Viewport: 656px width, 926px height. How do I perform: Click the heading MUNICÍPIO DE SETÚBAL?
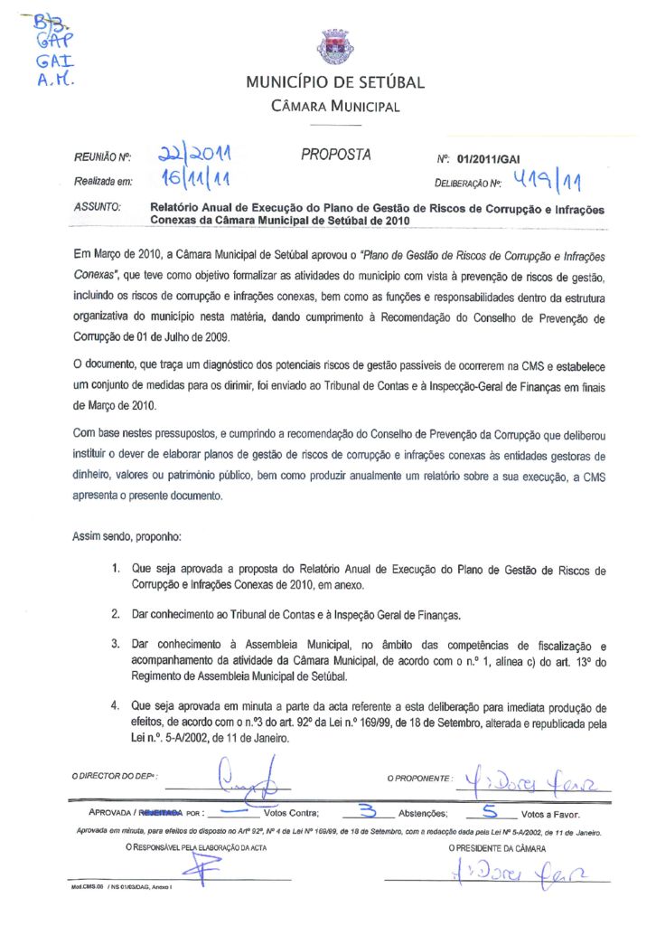pyautogui.click(x=335, y=84)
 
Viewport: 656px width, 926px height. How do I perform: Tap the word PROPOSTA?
pyautogui.click(x=335, y=155)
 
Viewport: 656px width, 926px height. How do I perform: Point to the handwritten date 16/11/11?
pyautogui.click(x=190, y=180)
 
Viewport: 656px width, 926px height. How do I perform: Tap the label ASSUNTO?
pyautogui.click(x=97, y=208)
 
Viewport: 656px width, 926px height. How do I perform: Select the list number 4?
pyautogui.click(x=116, y=706)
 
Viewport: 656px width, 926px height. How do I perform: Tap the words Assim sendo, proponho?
pyautogui.click(x=127, y=536)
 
